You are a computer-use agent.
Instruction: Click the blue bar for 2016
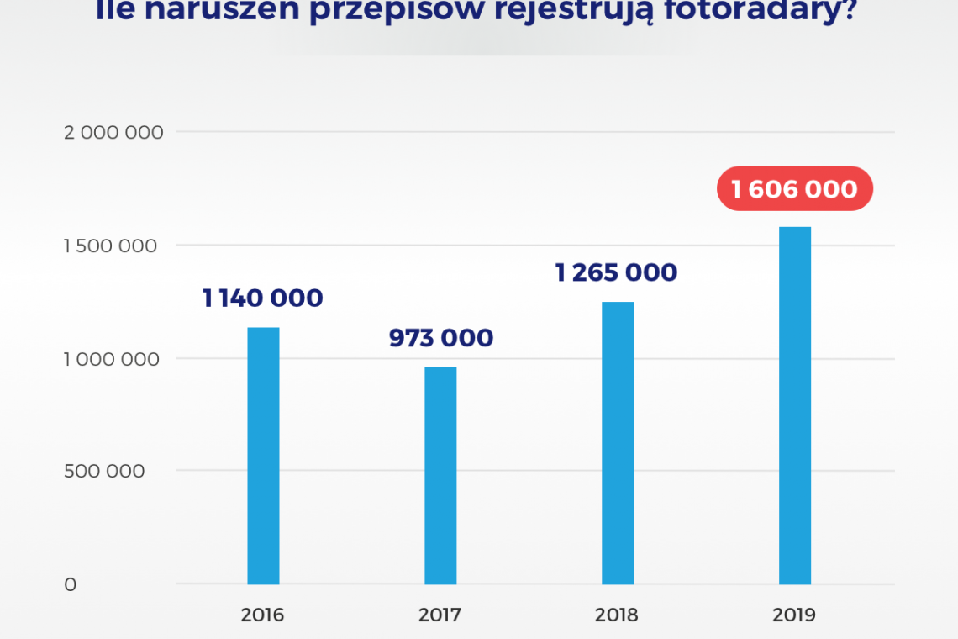pyautogui.click(x=263, y=456)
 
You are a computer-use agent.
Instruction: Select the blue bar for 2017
pyautogui.click(x=440, y=476)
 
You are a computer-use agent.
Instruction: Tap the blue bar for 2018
pyautogui.click(x=618, y=443)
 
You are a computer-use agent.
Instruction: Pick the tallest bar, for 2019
pyautogui.click(x=795, y=405)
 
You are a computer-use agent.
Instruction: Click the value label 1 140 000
pyautogui.click(x=262, y=298)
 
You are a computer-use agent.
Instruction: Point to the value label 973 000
pyautogui.click(x=440, y=338)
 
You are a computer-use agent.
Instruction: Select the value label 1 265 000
pyautogui.click(x=616, y=272)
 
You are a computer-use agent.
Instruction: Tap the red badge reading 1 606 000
pyautogui.click(x=794, y=188)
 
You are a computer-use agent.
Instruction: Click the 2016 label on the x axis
pyautogui.click(x=262, y=615)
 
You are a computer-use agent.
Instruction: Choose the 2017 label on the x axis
pyautogui.click(x=440, y=615)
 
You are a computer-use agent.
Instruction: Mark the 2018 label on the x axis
pyautogui.click(x=617, y=615)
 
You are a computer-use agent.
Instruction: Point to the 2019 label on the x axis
pyautogui.click(x=794, y=615)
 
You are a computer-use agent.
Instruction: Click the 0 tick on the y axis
pyautogui.click(x=71, y=584)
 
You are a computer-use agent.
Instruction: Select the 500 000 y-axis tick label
pyautogui.click(x=104, y=471)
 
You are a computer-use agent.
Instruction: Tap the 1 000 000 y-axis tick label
pyautogui.click(x=111, y=359)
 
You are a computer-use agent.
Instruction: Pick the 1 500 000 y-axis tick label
pyautogui.click(x=111, y=246)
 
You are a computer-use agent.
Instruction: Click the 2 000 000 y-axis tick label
pyautogui.click(x=113, y=132)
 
